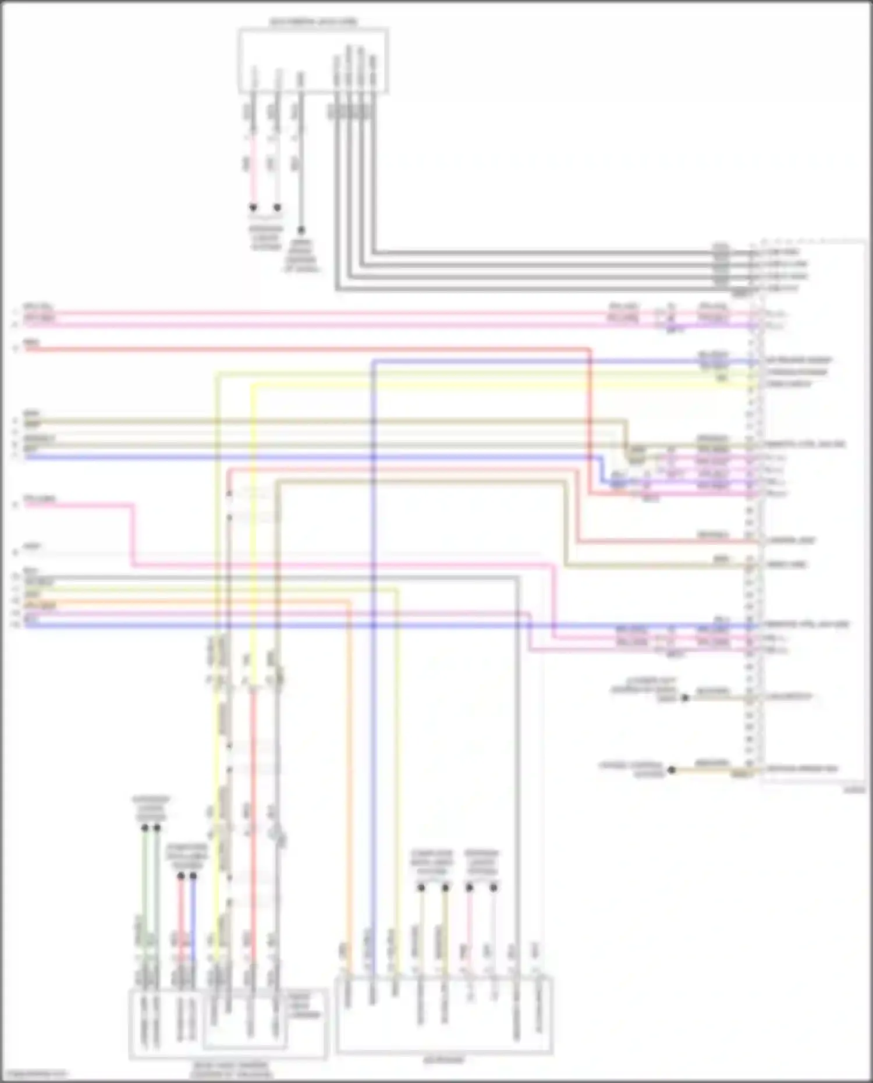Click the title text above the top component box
click(313, 22)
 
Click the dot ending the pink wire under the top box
click(253, 208)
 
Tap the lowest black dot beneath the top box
click(301, 230)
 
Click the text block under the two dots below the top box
click(266, 237)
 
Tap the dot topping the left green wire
click(145, 828)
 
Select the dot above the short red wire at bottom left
click(181, 876)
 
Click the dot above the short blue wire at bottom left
click(193, 876)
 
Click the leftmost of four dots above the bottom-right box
click(421, 887)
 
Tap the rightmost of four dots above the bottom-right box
click(494, 887)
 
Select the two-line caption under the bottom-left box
click(231, 1069)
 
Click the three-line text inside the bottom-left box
click(304, 1005)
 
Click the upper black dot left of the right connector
click(685, 697)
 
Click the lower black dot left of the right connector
click(672, 770)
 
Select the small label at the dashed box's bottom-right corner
click(854, 790)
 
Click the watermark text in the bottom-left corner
click(35, 1074)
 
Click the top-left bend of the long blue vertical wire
click(373, 361)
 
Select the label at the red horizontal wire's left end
click(31, 343)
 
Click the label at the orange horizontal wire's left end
click(40, 606)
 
